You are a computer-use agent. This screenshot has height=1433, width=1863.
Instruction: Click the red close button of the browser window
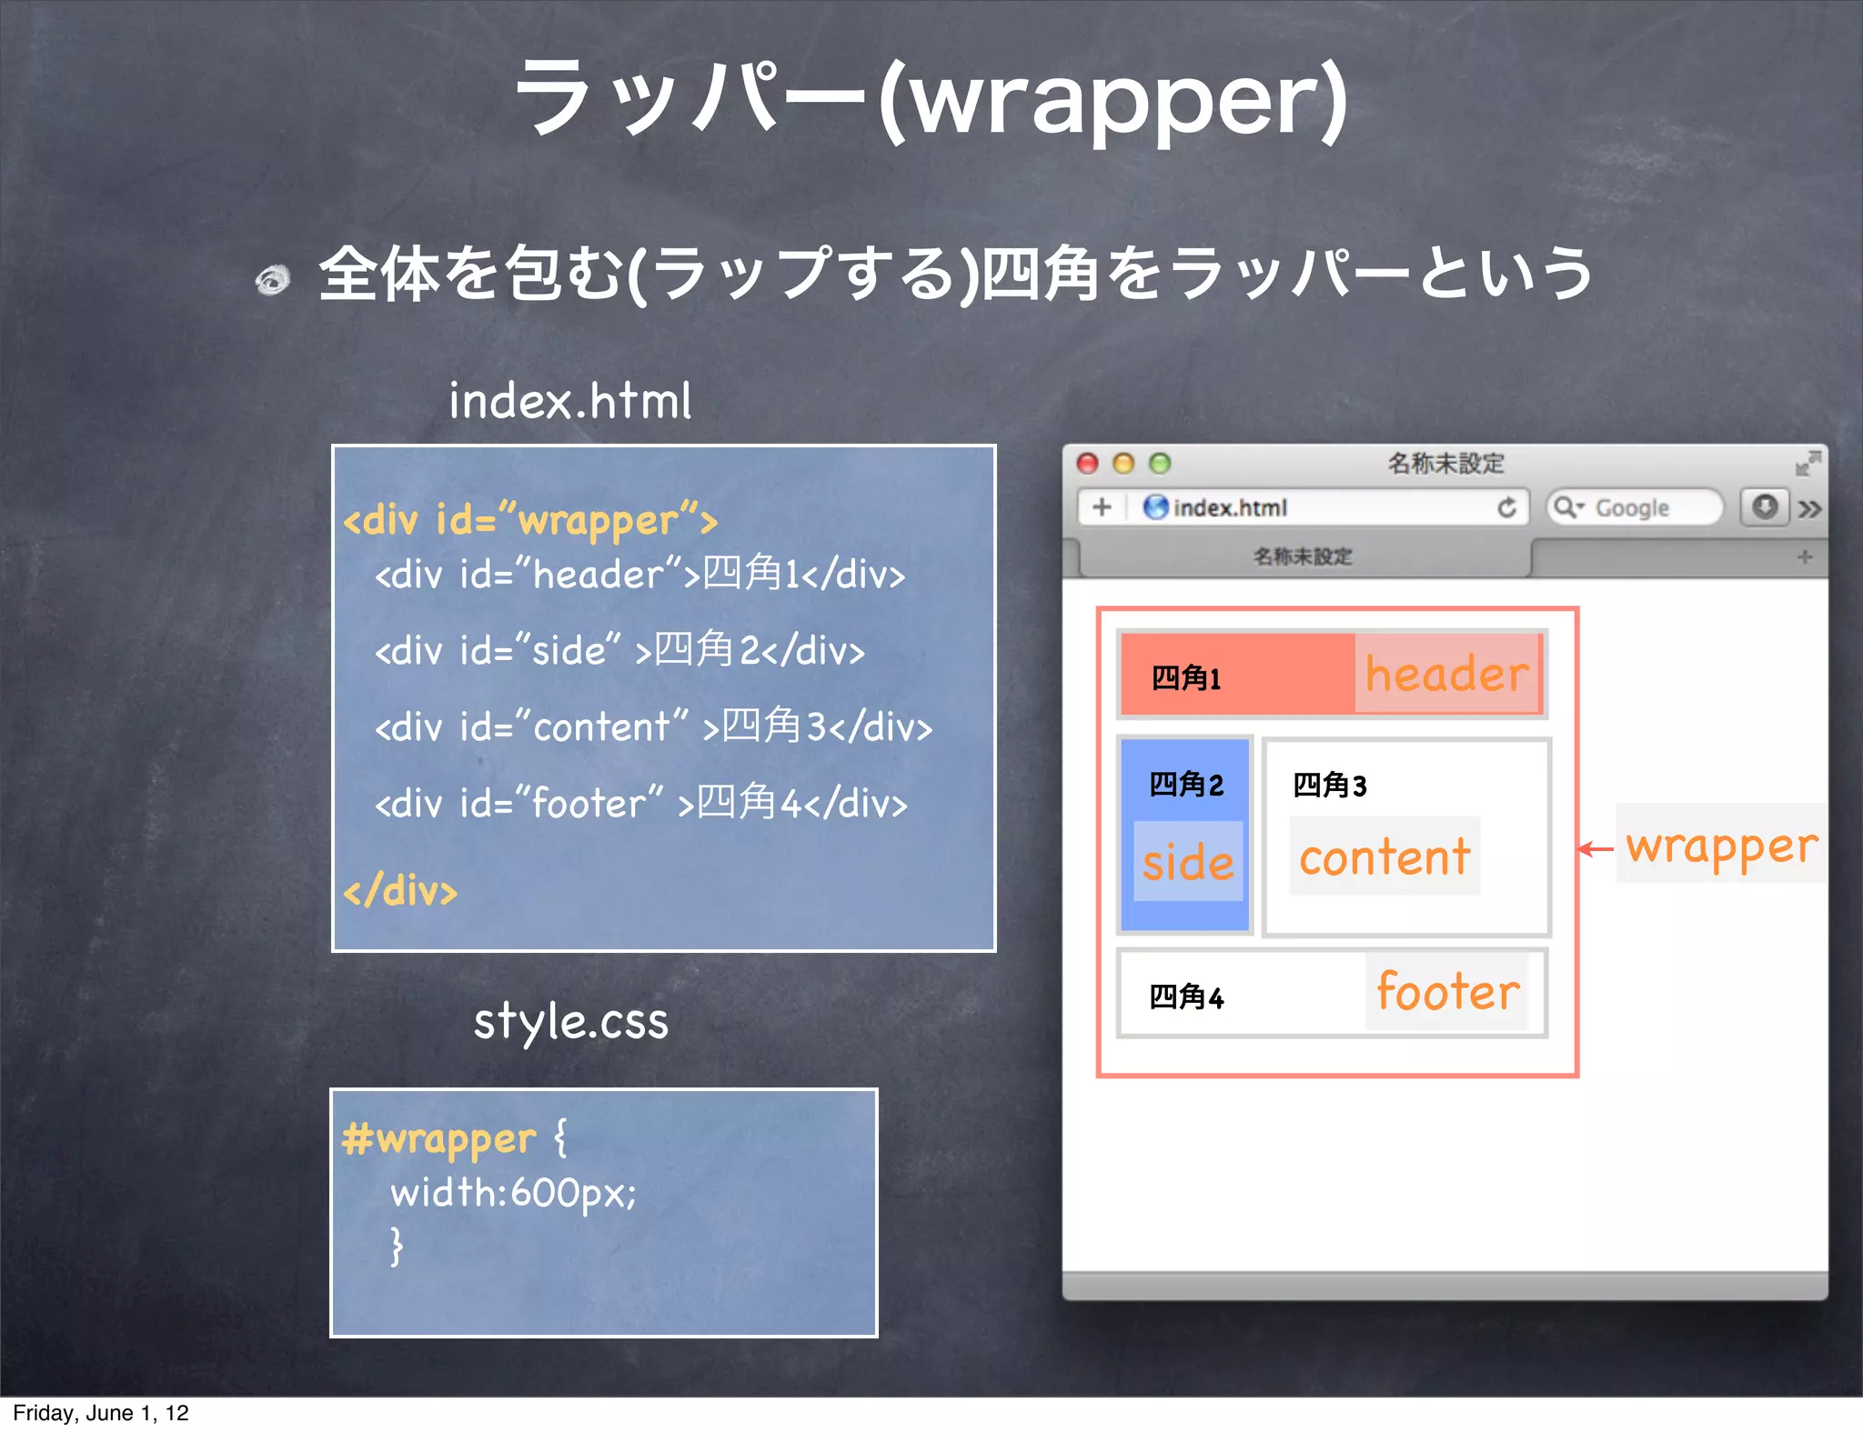(x=1087, y=464)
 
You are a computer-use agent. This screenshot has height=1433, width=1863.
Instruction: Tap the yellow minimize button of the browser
(x=1123, y=464)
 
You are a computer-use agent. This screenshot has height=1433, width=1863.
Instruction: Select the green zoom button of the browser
(x=1159, y=464)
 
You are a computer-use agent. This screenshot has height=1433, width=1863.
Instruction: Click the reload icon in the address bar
(x=1506, y=507)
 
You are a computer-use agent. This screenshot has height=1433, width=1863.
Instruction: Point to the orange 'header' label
(x=1446, y=675)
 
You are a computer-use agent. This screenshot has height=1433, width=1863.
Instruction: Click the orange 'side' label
(x=1188, y=862)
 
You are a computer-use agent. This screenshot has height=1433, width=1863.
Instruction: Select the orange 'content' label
(x=1385, y=857)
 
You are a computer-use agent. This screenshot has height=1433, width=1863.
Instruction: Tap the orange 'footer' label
(x=1447, y=991)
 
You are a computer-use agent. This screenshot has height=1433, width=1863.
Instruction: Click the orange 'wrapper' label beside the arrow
(x=1721, y=846)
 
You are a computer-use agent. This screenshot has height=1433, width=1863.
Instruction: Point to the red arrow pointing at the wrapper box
(x=1595, y=849)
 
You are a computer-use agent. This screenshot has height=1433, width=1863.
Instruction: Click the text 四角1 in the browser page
(x=1185, y=678)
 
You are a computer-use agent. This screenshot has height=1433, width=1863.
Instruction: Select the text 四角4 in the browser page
(x=1186, y=997)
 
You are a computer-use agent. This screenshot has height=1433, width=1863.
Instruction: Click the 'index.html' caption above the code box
(x=570, y=401)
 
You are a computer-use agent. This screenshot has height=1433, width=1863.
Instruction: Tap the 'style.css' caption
(x=570, y=1021)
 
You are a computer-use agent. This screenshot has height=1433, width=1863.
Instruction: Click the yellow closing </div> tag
(x=400, y=891)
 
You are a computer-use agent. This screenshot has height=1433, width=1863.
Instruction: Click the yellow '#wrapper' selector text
(x=438, y=1139)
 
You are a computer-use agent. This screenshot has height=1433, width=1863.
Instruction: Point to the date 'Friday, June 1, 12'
(x=100, y=1413)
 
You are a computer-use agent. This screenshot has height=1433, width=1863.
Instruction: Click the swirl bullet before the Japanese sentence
(x=272, y=279)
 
